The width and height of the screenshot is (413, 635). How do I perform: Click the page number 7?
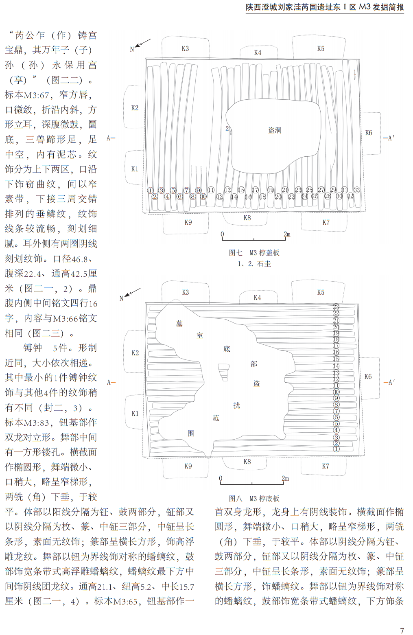pyautogui.click(x=402, y=630)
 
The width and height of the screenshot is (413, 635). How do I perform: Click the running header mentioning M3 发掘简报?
pyautogui.click(x=325, y=7)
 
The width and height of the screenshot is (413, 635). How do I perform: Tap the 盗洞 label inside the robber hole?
pyautogui.click(x=275, y=130)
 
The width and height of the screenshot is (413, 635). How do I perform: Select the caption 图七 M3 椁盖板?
pyautogui.click(x=254, y=253)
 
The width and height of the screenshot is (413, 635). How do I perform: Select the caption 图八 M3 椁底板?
pyautogui.click(x=254, y=498)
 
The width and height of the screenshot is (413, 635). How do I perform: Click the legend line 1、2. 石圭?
pyautogui.click(x=254, y=264)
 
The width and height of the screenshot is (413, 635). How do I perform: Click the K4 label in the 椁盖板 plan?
pyautogui.click(x=258, y=53)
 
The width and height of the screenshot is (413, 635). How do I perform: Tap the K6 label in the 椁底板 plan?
pyautogui.click(x=368, y=377)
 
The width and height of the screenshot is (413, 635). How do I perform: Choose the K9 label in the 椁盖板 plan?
pyautogui.click(x=188, y=222)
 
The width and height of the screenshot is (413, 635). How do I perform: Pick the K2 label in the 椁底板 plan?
pyautogui.click(x=135, y=353)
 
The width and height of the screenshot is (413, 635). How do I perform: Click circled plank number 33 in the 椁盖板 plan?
pyautogui.click(x=357, y=190)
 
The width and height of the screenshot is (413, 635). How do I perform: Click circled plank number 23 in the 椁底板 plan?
pyautogui.click(x=336, y=307)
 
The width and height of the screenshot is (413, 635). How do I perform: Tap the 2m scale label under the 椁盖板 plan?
pyautogui.click(x=287, y=234)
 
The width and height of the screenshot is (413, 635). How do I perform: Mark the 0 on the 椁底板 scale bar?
pyautogui.click(x=221, y=478)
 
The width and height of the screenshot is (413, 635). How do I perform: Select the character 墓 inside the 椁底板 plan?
pyautogui.click(x=179, y=324)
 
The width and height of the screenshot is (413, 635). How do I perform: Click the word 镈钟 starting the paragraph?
pyautogui.click(x=33, y=348)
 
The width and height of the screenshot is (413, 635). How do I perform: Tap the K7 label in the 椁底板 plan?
pyautogui.click(x=326, y=466)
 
